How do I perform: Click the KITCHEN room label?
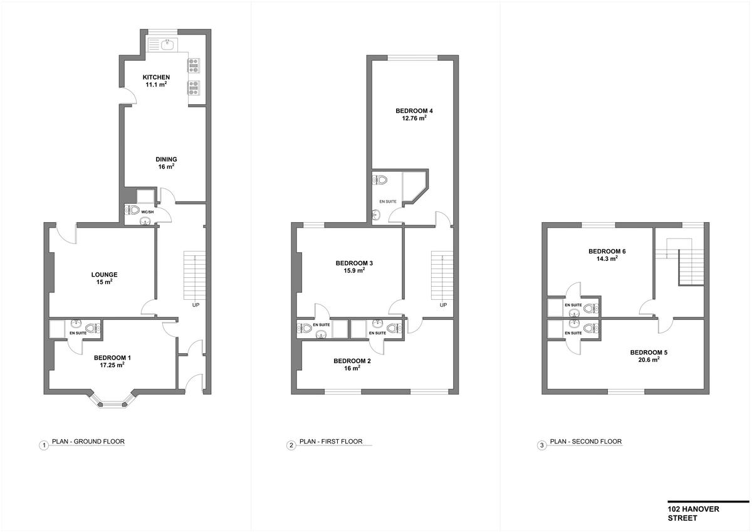coord(156,77)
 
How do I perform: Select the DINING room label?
coord(166,159)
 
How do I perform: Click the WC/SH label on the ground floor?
coord(147,212)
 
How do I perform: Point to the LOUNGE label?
coord(105,275)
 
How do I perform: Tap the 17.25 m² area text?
coord(112,365)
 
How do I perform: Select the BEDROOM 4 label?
coord(414,111)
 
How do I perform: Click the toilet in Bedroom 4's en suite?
coord(380,180)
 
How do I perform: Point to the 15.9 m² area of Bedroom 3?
coord(354,270)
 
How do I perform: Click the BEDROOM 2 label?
coord(352,361)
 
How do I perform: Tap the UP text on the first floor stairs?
coord(443,305)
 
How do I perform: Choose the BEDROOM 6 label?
coord(607,252)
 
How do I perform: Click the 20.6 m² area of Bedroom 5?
coord(649,360)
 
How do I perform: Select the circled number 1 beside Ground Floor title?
coord(44,445)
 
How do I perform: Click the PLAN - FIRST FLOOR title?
coord(331,441)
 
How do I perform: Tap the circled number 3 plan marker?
coord(541,445)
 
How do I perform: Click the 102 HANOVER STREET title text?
coord(693,514)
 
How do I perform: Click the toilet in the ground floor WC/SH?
coord(133,210)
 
